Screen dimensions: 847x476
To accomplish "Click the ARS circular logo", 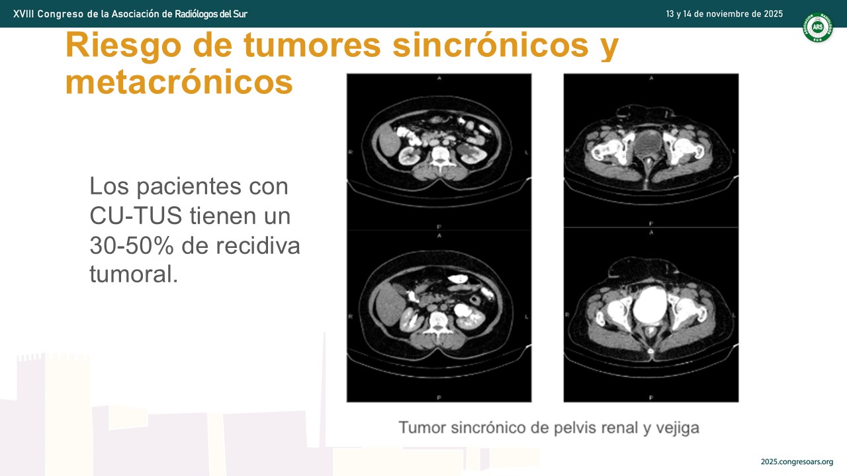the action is (x=817, y=27).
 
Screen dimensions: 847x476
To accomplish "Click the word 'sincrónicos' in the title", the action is (x=490, y=46).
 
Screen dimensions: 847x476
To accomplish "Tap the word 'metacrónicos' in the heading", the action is (x=179, y=83).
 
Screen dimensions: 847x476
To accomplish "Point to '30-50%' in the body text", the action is (x=132, y=245).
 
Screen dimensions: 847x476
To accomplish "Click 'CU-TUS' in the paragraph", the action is (x=136, y=216).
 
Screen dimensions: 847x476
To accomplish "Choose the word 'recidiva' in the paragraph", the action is (x=258, y=245).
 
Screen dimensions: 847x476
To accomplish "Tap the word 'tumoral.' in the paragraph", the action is (x=134, y=274).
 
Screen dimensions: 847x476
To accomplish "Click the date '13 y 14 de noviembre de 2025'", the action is (x=724, y=14).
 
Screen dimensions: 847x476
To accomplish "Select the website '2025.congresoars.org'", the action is (x=797, y=461).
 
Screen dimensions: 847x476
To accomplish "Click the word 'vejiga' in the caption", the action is (x=678, y=428).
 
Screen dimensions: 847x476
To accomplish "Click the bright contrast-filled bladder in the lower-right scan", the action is (x=650, y=305).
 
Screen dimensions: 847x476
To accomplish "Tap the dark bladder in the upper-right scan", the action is (x=648, y=142).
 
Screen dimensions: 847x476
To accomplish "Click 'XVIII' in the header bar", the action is (x=23, y=14).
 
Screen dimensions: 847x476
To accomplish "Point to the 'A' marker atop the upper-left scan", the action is (x=439, y=78).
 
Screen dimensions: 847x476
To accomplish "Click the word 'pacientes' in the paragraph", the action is (x=189, y=186).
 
